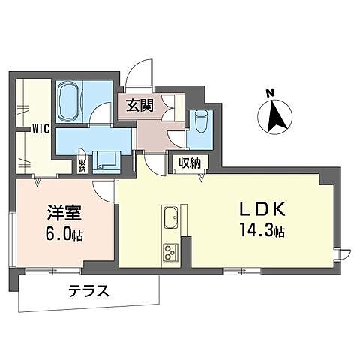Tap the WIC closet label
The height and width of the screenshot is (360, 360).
click(x=40, y=128)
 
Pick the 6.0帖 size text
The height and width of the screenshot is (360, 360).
click(x=63, y=234)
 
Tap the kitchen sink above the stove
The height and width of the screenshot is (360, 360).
click(x=169, y=217)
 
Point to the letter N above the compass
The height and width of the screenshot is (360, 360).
click(x=269, y=93)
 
